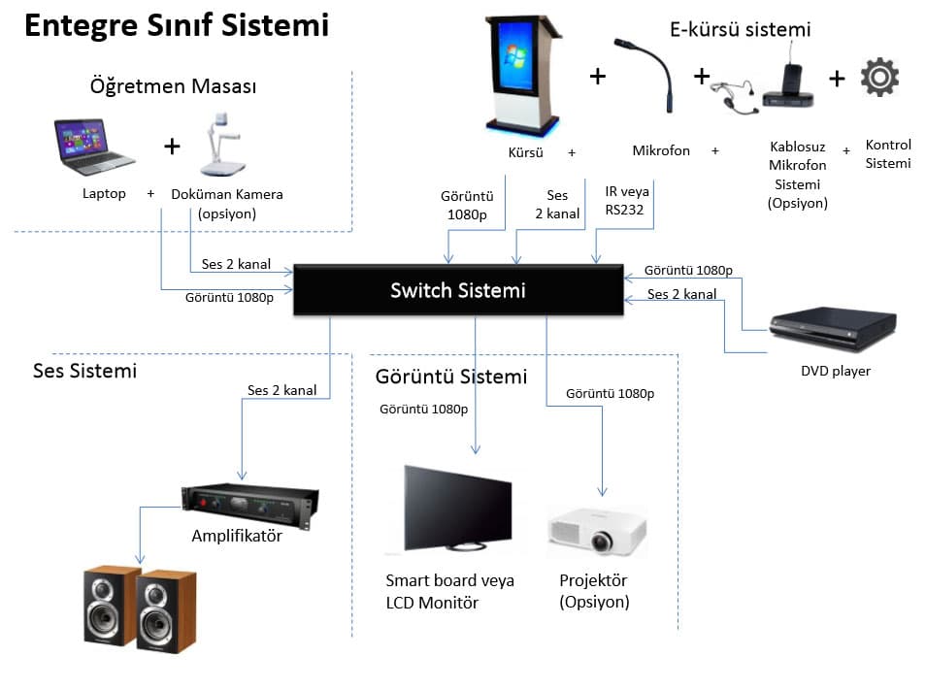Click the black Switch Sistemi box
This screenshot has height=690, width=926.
click(x=457, y=290)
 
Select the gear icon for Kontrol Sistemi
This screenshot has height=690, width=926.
click(x=879, y=77)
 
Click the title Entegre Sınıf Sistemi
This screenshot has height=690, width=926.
click(x=176, y=25)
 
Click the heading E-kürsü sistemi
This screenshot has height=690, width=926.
click(x=740, y=29)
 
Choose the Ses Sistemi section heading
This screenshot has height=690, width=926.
click(x=85, y=371)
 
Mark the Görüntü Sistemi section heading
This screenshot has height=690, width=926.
click(x=450, y=377)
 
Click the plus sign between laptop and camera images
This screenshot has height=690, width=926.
click(x=172, y=147)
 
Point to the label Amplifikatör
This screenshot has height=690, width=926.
click(x=237, y=536)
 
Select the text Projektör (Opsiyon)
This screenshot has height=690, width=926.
click(x=594, y=591)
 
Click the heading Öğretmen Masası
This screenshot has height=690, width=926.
click(x=173, y=86)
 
